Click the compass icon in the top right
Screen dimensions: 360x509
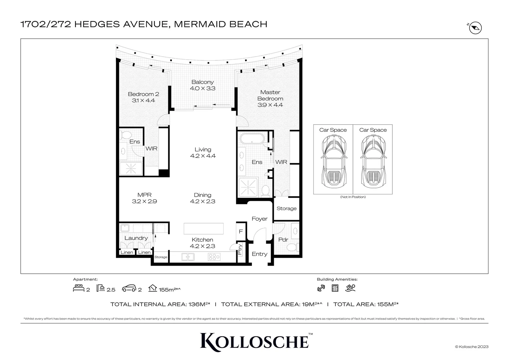tap(475, 28)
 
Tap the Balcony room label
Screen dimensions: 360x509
tap(203, 82)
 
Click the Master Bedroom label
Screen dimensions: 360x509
tap(270, 95)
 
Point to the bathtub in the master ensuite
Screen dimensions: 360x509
tap(252, 139)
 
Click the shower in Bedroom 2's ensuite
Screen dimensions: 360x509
tap(131, 169)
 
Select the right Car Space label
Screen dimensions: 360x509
tap(373, 130)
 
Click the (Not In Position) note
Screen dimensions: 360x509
tap(353, 197)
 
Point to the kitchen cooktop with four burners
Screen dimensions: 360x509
tap(214, 257)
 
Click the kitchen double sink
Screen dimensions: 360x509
tap(188, 257)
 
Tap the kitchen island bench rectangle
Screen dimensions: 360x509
tap(204, 229)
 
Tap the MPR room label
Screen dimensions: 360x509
tap(144, 195)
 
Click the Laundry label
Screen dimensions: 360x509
tap(136, 238)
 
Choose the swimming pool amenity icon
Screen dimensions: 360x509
tap(350, 288)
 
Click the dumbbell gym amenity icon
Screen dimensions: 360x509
tap(321, 288)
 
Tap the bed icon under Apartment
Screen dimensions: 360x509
tap(79, 288)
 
